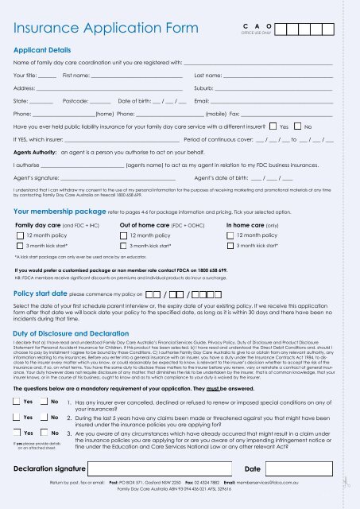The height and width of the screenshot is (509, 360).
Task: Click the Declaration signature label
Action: coord(53,468)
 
